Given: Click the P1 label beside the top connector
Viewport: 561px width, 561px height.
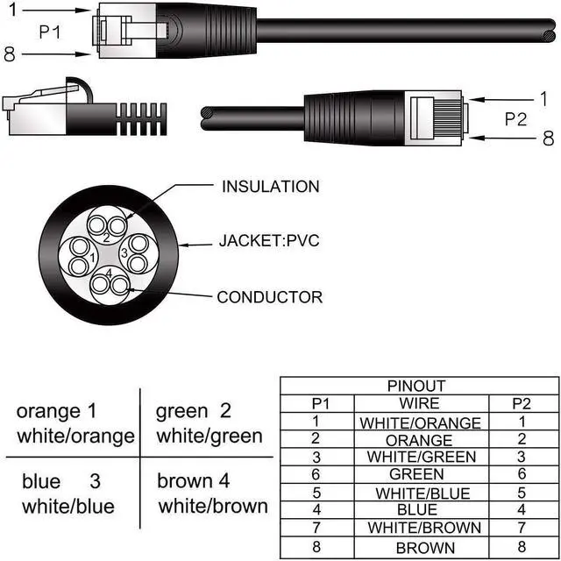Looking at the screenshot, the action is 51,32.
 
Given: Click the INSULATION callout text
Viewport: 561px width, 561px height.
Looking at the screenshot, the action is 270,187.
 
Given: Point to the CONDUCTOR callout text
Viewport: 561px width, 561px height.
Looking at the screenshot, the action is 270,297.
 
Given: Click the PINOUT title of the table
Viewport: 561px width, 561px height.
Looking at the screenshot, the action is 417,386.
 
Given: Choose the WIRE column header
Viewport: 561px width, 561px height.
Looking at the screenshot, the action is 419,403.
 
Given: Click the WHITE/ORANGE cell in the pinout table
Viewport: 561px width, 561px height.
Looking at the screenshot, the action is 420,423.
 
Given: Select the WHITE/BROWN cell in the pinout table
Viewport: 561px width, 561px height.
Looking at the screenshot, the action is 423,528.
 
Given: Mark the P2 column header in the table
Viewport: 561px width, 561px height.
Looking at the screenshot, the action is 522,403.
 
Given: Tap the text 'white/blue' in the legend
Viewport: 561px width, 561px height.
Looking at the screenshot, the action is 68,507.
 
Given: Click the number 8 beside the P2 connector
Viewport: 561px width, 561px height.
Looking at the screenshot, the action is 548,138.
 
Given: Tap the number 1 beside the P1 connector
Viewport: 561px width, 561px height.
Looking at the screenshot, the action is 11,10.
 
